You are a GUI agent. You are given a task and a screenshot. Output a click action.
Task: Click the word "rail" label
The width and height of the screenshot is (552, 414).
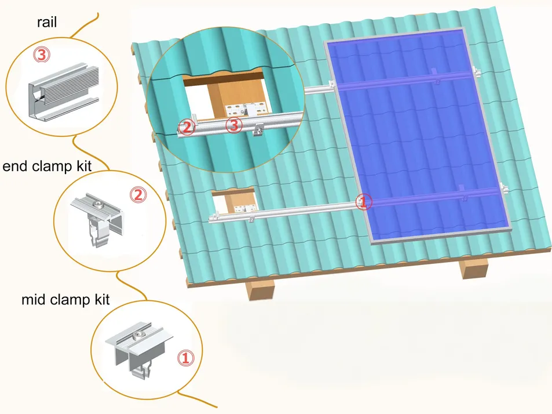tap(46, 23)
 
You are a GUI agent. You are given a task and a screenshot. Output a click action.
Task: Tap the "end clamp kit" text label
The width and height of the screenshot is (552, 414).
tap(47, 166)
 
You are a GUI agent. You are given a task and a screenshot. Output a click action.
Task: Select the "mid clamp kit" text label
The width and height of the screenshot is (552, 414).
tap(65, 300)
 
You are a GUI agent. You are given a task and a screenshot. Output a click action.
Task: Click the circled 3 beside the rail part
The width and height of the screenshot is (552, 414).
tap(42, 55)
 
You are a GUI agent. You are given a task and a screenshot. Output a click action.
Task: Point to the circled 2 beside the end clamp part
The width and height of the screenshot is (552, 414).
tap(138, 195)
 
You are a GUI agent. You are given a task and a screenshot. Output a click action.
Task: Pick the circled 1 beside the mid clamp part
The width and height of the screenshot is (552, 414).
tap(185, 358)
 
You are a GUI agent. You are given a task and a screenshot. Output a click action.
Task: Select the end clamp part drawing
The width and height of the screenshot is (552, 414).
tap(98, 219)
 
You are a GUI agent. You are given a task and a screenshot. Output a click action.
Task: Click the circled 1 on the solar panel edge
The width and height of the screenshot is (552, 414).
tap(364, 202)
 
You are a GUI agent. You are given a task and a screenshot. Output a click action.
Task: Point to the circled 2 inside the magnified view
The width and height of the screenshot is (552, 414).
tap(187, 127)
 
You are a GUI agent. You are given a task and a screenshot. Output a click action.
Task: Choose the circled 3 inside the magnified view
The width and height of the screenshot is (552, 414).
tap(234, 125)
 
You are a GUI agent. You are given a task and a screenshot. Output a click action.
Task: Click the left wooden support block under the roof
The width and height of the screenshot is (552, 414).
tap(261, 289)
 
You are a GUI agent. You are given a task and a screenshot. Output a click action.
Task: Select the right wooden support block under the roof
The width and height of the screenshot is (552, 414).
tap(474, 268)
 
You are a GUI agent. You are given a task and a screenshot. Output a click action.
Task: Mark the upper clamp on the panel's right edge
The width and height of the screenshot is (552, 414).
tap(476, 71)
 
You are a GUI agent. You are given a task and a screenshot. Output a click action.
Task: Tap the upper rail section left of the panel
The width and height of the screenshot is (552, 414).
tap(317, 89)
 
